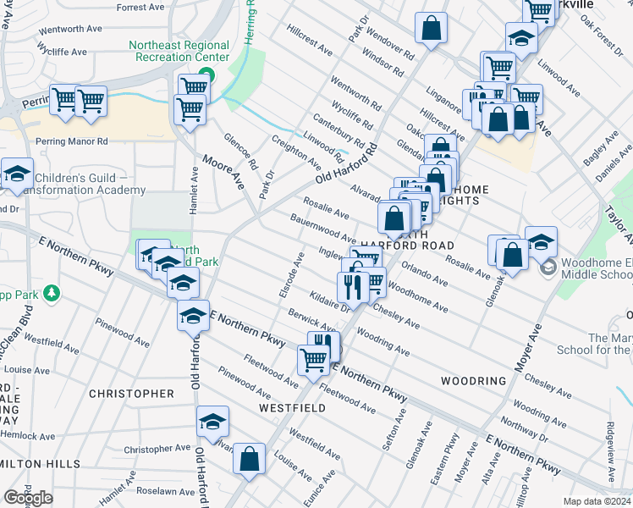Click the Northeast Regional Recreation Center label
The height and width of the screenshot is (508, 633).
(x=179, y=51)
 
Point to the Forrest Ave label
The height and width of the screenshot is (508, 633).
(x=140, y=8)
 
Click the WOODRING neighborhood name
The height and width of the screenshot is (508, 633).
(x=473, y=381)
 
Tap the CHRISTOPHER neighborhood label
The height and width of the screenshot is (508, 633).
(x=131, y=394)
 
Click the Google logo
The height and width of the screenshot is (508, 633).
(x=28, y=498)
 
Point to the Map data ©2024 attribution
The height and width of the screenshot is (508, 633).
(x=597, y=501)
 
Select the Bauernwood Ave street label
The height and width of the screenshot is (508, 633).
(x=322, y=228)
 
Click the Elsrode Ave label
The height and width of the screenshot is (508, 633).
(x=289, y=274)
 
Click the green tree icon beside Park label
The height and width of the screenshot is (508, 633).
(x=52, y=293)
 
